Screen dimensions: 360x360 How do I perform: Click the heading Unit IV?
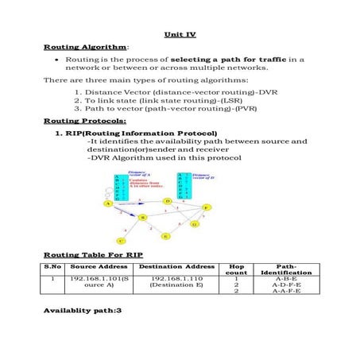pyautogui.click(x=180, y=35)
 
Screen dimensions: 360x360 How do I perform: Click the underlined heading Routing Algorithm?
pyautogui.click(x=75, y=48)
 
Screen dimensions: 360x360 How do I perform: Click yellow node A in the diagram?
pyautogui.click(x=107, y=203)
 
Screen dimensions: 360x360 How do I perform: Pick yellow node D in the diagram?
pyautogui.click(x=168, y=201)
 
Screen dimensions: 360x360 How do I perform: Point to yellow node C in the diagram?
pyautogui.click(x=120, y=239)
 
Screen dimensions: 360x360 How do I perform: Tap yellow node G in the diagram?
pyautogui.click(x=193, y=224)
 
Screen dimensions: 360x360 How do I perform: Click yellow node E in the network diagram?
pyautogui.click(x=165, y=236)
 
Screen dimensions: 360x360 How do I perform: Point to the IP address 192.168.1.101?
pyautogui.click(x=98, y=279)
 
